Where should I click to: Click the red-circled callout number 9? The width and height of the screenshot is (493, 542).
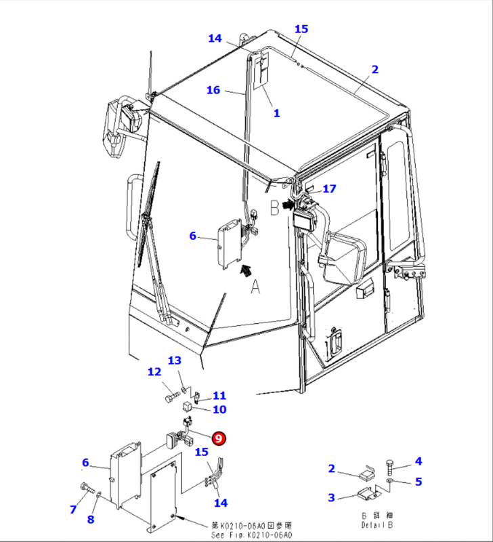[x=219, y=438]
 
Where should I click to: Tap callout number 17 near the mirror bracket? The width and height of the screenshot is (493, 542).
[x=329, y=189]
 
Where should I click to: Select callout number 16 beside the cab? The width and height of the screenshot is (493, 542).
[x=213, y=90]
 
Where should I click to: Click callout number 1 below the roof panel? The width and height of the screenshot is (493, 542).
[x=276, y=113]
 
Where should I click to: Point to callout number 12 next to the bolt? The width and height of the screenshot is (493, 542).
[x=154, y=372]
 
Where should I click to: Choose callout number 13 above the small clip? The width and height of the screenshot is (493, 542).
[x=175, y=360]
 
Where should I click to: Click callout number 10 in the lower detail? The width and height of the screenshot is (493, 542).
[x=219, y=409]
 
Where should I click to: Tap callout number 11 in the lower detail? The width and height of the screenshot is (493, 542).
[x=219, y=396]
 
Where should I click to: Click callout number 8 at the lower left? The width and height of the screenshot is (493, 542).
[x=91, y=520]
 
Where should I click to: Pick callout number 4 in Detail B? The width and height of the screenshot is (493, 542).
[x=419, y=462]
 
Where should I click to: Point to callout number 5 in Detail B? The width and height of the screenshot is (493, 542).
[x=419, y=482]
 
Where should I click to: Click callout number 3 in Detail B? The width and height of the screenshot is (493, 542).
[x=331, y=498]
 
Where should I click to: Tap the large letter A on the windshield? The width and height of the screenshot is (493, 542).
[x=255, y=288]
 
